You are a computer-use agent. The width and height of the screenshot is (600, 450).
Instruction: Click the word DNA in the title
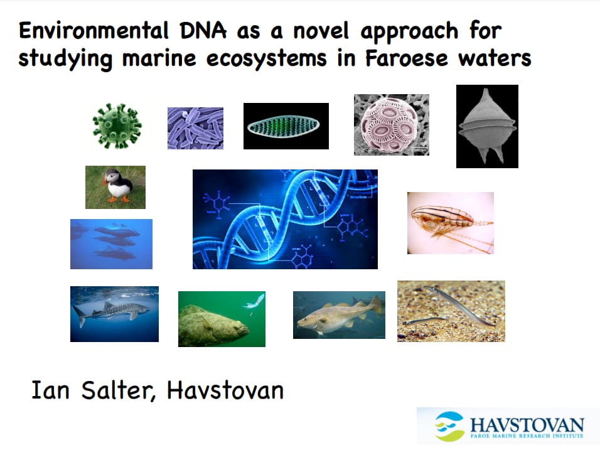pos(203,31)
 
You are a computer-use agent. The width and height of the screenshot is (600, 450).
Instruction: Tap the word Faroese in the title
pos(406,58)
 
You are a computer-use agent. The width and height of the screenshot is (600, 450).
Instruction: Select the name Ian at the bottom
pos(50,390)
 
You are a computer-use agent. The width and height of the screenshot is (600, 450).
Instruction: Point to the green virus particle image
pos(117,126)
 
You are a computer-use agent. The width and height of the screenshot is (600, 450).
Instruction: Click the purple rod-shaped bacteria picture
pos(196,128)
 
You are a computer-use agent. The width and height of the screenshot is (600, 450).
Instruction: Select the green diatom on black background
pos(286,126)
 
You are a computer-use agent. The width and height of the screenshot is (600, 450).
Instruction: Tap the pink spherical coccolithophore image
pos(392,125)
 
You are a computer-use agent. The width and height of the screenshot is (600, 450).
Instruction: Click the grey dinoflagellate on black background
pos(487,126)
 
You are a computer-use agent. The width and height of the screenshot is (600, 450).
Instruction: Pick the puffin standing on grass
pos(115,187)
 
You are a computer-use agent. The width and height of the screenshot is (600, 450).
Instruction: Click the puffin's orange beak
pos(104,181)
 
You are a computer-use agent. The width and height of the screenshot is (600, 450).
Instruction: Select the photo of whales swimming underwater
pos(111,244)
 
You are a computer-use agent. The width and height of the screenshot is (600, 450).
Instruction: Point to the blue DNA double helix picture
pos(285,219)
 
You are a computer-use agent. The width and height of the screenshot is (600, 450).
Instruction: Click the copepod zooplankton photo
pos(451,223)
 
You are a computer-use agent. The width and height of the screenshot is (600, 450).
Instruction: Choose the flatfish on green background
pos(222,319)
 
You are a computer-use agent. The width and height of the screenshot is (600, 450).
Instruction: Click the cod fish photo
pos(339,315)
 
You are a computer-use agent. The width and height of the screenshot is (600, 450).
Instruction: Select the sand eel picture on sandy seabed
pos(451,311)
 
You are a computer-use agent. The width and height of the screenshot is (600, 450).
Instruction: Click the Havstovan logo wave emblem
pos(449,426)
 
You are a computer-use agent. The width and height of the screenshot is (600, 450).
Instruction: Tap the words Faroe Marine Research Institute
pos(527,436)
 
